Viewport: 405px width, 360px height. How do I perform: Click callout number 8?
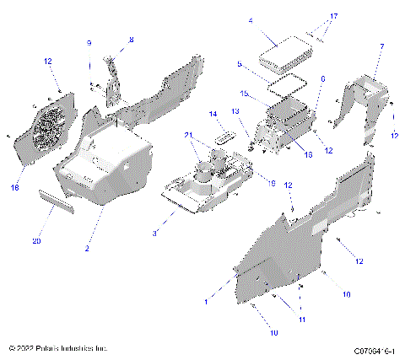point(131,40)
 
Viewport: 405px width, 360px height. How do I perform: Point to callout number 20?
point(36,241)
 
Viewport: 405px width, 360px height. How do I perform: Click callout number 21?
point(187,135)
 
